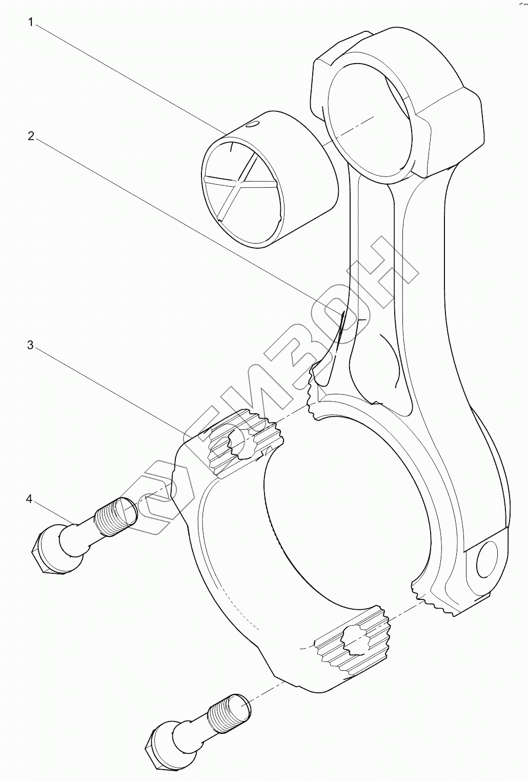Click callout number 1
click(x=31, y=23)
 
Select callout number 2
click(x=31, y=136)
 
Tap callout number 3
click(x=31, y=345)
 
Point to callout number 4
click(x=29, y=498)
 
